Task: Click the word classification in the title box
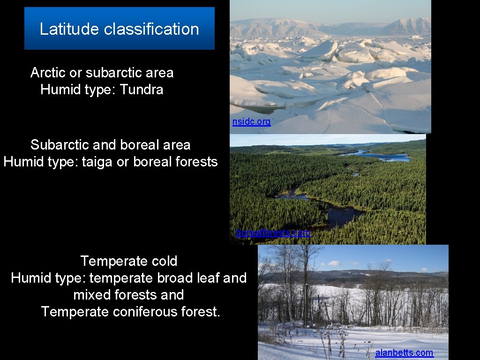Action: coord(151,29)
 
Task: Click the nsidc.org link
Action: coord(251,122)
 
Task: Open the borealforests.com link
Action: coord(273,232)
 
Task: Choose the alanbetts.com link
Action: coord(404,353)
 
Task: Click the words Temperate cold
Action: coord(129,261)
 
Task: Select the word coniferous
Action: coord(144,312)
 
